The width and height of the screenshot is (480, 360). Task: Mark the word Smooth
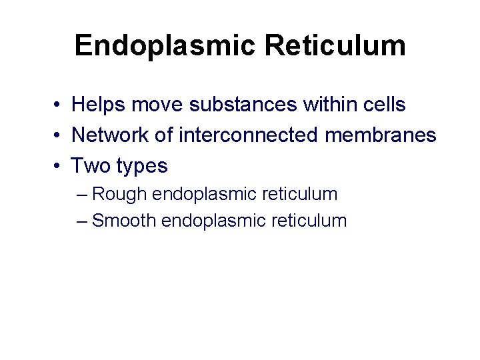(x=125, y=221)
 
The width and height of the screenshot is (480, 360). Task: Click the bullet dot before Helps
(x=59, y=105)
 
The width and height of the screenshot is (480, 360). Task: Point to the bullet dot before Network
(x=59, y=136)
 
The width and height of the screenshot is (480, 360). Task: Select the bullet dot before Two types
(x=59, y=166)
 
